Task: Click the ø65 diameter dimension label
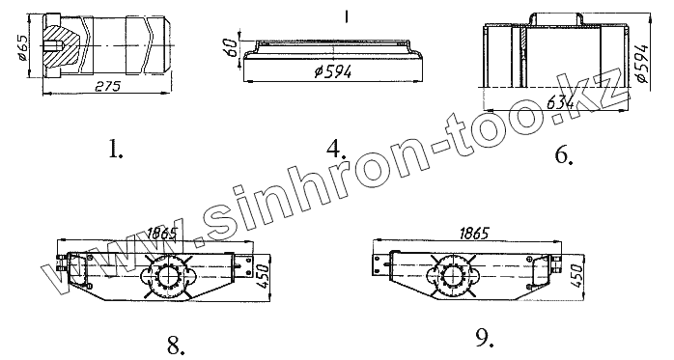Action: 22,48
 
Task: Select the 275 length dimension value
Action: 107,86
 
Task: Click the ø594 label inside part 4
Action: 333,71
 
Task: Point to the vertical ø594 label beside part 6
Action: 641,63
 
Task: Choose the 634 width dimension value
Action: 560,103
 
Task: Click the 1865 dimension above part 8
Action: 162,234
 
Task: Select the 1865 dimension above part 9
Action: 474,234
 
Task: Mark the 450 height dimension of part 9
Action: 577,276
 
